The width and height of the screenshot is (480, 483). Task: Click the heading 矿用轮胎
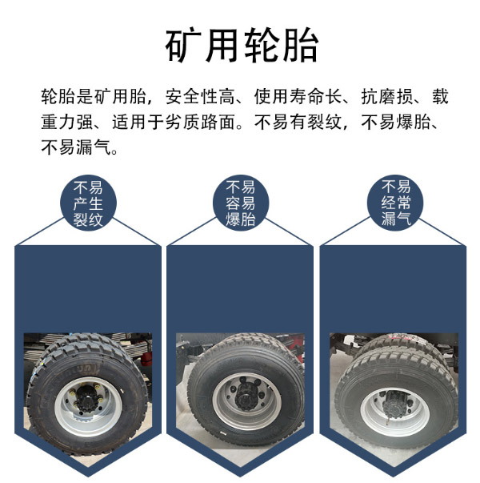(x=242, y=45)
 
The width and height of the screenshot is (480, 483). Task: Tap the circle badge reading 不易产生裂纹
(x=88, y=203)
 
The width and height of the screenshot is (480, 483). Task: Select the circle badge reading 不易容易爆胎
(x=241, y=203)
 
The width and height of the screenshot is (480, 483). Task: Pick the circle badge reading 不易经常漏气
(x=395, y=203)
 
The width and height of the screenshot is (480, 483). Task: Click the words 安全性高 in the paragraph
(x=200, y=96)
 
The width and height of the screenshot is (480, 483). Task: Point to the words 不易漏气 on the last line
(x=76, y=147)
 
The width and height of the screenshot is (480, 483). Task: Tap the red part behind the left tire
(x=147, y=359)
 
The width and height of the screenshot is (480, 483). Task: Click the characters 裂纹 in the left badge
(x=88, y=219)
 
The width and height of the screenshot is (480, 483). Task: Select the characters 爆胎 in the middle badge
(x=241, y=219)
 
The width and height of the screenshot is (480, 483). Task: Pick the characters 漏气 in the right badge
(x=396, y=219)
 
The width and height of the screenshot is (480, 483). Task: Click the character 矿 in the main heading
(x=183, y=45)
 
